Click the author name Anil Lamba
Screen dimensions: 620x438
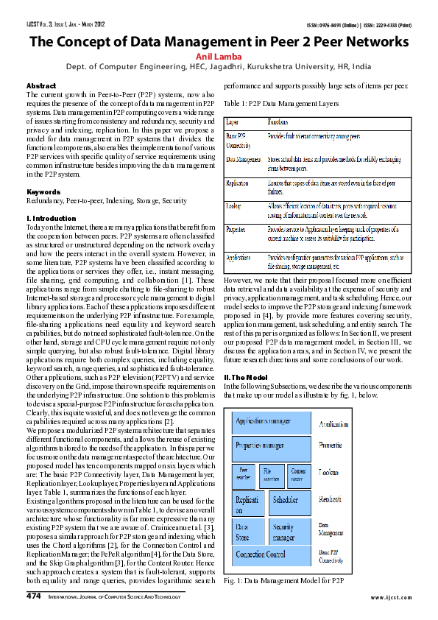[x=219, y=56]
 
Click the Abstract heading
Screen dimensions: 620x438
[x=40, y=86]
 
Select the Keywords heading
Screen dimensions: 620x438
[x=43, y=191]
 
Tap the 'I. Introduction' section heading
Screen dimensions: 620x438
[x=51, y=219]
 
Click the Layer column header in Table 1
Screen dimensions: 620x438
[x=232, y=121]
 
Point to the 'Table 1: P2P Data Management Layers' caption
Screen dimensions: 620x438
[x=280, y=105]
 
